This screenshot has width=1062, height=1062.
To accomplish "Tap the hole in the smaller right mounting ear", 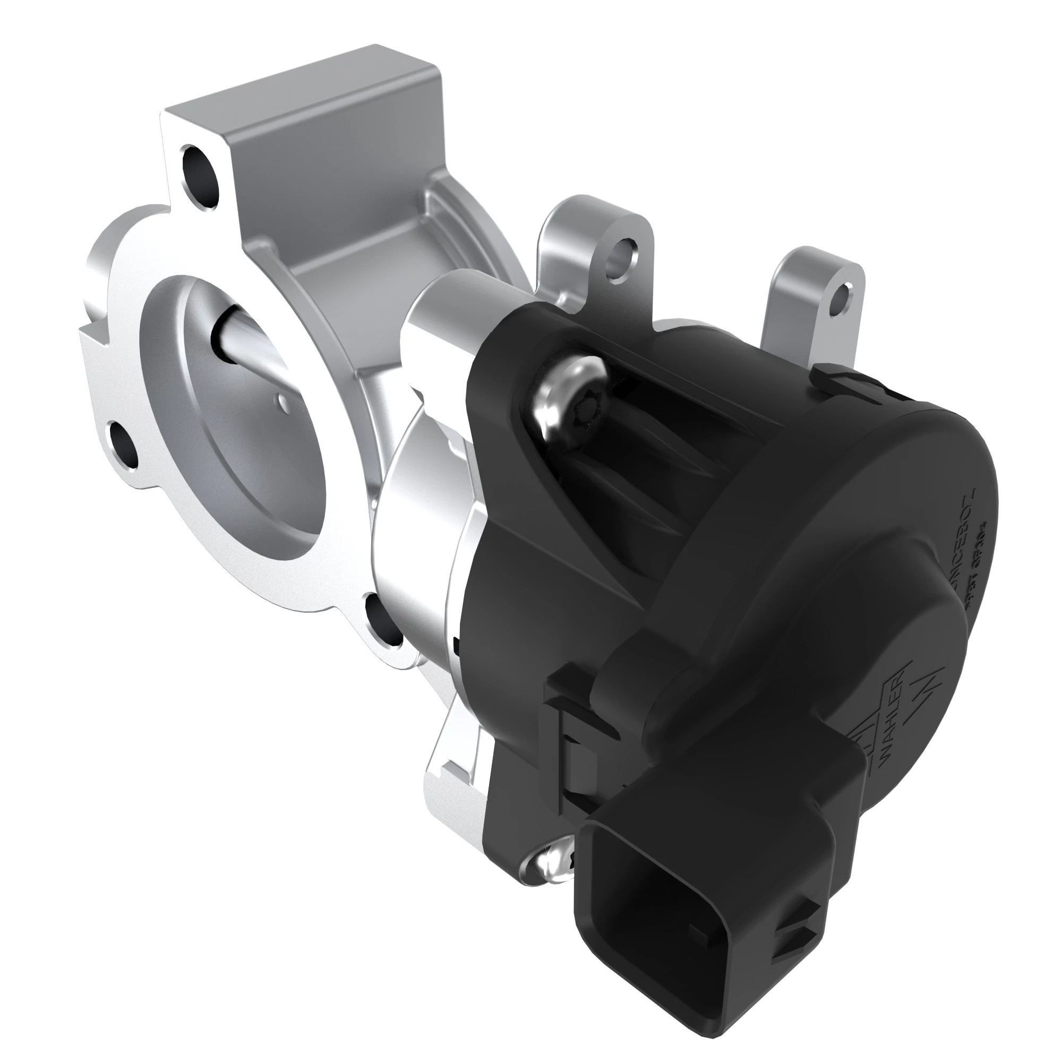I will pos(842,298).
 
